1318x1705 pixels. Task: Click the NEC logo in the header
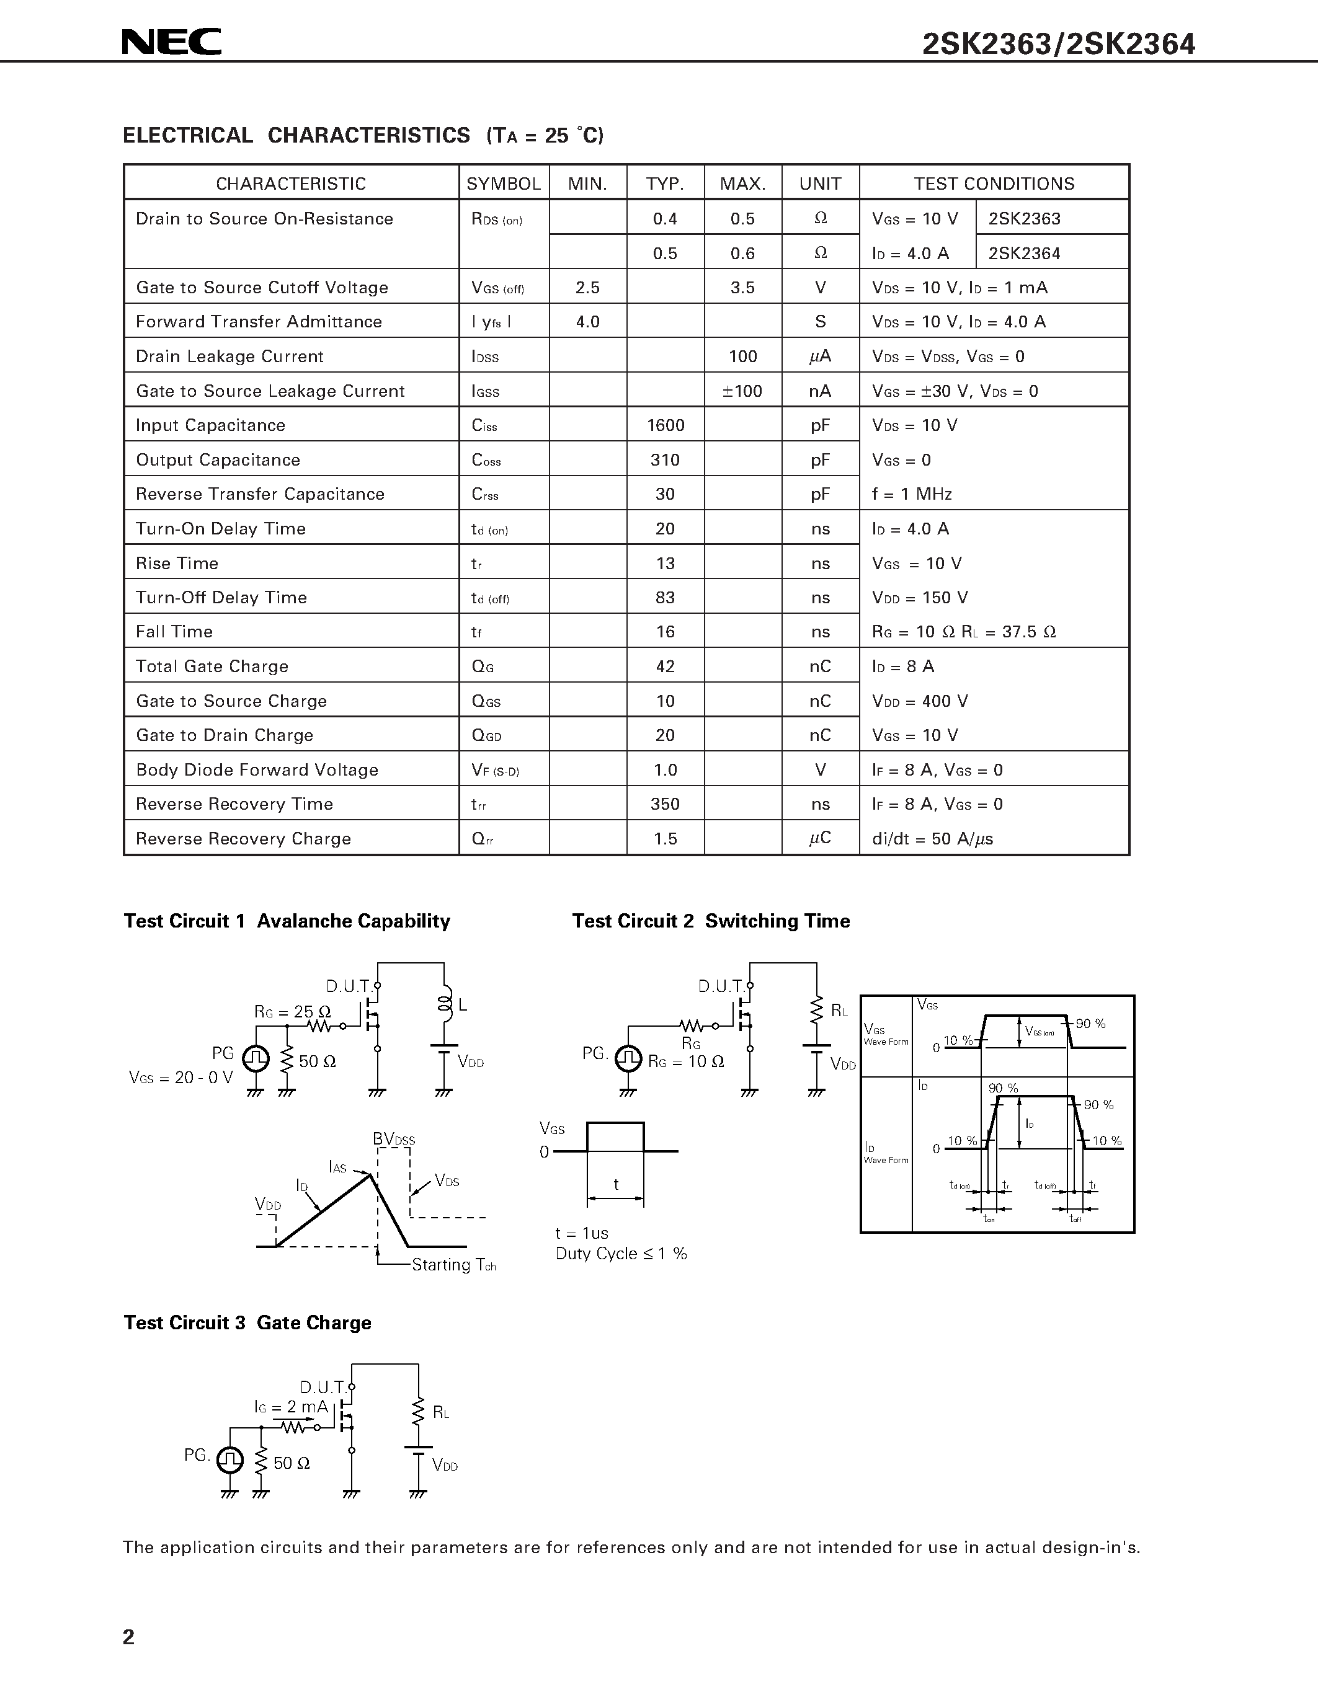[172, 42]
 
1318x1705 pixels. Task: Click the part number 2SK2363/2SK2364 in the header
[1058, 45]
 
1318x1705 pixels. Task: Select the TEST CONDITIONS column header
[994, 184]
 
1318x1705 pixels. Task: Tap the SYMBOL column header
[504, 184]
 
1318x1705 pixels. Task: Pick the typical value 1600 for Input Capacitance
[666, 425]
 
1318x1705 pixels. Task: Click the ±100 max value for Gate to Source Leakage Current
[742, 391]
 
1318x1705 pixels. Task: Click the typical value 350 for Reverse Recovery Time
[666, 804]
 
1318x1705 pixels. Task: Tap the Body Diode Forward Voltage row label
[257, 771]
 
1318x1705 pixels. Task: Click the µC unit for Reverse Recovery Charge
[820, 838]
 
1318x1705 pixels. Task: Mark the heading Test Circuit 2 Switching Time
[711, 921]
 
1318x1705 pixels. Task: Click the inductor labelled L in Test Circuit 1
[446, 1005]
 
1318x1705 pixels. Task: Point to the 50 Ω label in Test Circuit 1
[317, 1061]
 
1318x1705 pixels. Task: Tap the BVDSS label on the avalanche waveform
[393, 1139]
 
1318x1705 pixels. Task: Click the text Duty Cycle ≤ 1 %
[621, 1254]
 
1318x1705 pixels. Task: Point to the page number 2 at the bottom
[129, 1637]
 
